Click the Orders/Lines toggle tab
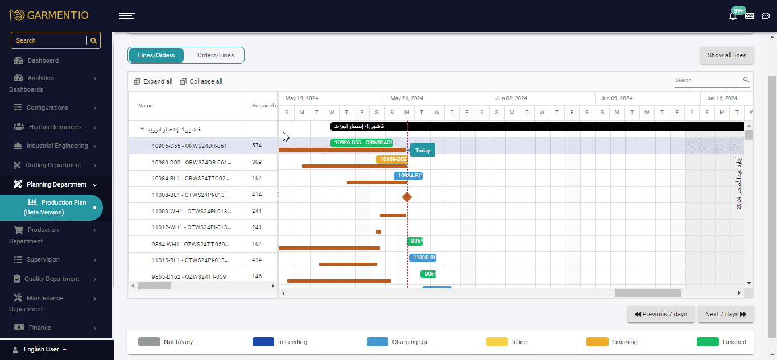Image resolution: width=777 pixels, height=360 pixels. tap(215, 55)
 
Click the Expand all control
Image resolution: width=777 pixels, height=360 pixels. tap(153, 81)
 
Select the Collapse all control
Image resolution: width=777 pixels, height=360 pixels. tap(201, 81)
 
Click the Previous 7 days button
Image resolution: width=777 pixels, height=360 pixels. tap(660, 314)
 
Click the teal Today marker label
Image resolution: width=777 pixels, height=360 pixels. tap(423, 151)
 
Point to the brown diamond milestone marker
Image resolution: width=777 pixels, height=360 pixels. tap(407, 197)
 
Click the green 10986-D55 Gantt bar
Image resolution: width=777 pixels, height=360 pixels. tap(361, 143)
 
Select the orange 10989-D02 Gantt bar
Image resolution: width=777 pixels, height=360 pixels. tap(391, 159)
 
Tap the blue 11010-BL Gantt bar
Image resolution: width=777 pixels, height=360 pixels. tap(422, 258)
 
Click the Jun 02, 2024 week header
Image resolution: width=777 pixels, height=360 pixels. tap(511, 98)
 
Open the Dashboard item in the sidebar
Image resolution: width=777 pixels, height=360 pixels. tap(43, 60)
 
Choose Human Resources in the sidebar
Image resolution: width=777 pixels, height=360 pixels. tap(55, 127)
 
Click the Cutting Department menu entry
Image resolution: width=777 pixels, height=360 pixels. tap(53, 165)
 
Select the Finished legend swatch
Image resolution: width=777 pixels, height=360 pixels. tap(708, 342)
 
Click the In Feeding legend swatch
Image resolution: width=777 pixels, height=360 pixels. tap(263, 342)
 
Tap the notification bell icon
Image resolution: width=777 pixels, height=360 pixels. tap(733, 16)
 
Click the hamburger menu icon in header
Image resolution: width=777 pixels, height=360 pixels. tap(127, 16)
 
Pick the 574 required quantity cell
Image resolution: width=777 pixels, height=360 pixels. tap(257, 146)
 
